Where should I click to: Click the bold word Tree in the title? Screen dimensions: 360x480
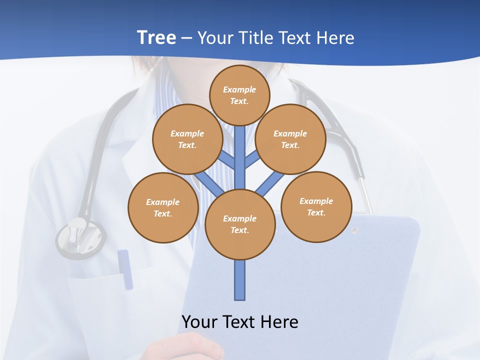(156, 38)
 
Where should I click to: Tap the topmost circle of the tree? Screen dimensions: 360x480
(239, 95)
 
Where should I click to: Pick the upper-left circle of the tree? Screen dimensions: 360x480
(187, 139)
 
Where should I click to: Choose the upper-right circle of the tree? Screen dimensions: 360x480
(290, 139)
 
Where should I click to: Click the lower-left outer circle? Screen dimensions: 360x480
(163, 207)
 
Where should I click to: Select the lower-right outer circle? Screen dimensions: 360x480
(316, 206)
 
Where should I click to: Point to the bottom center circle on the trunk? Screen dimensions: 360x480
(240, 224)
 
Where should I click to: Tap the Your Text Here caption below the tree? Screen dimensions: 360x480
(240, 322)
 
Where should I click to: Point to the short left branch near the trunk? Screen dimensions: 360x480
(227, 160)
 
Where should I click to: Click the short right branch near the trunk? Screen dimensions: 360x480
(251, 159)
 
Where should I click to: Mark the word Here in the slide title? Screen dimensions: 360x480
(334, 38)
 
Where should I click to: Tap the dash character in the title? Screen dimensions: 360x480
(186, 38)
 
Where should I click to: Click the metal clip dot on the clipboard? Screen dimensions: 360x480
(354, 230)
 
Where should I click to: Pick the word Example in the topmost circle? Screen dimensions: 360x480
(239, 89)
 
